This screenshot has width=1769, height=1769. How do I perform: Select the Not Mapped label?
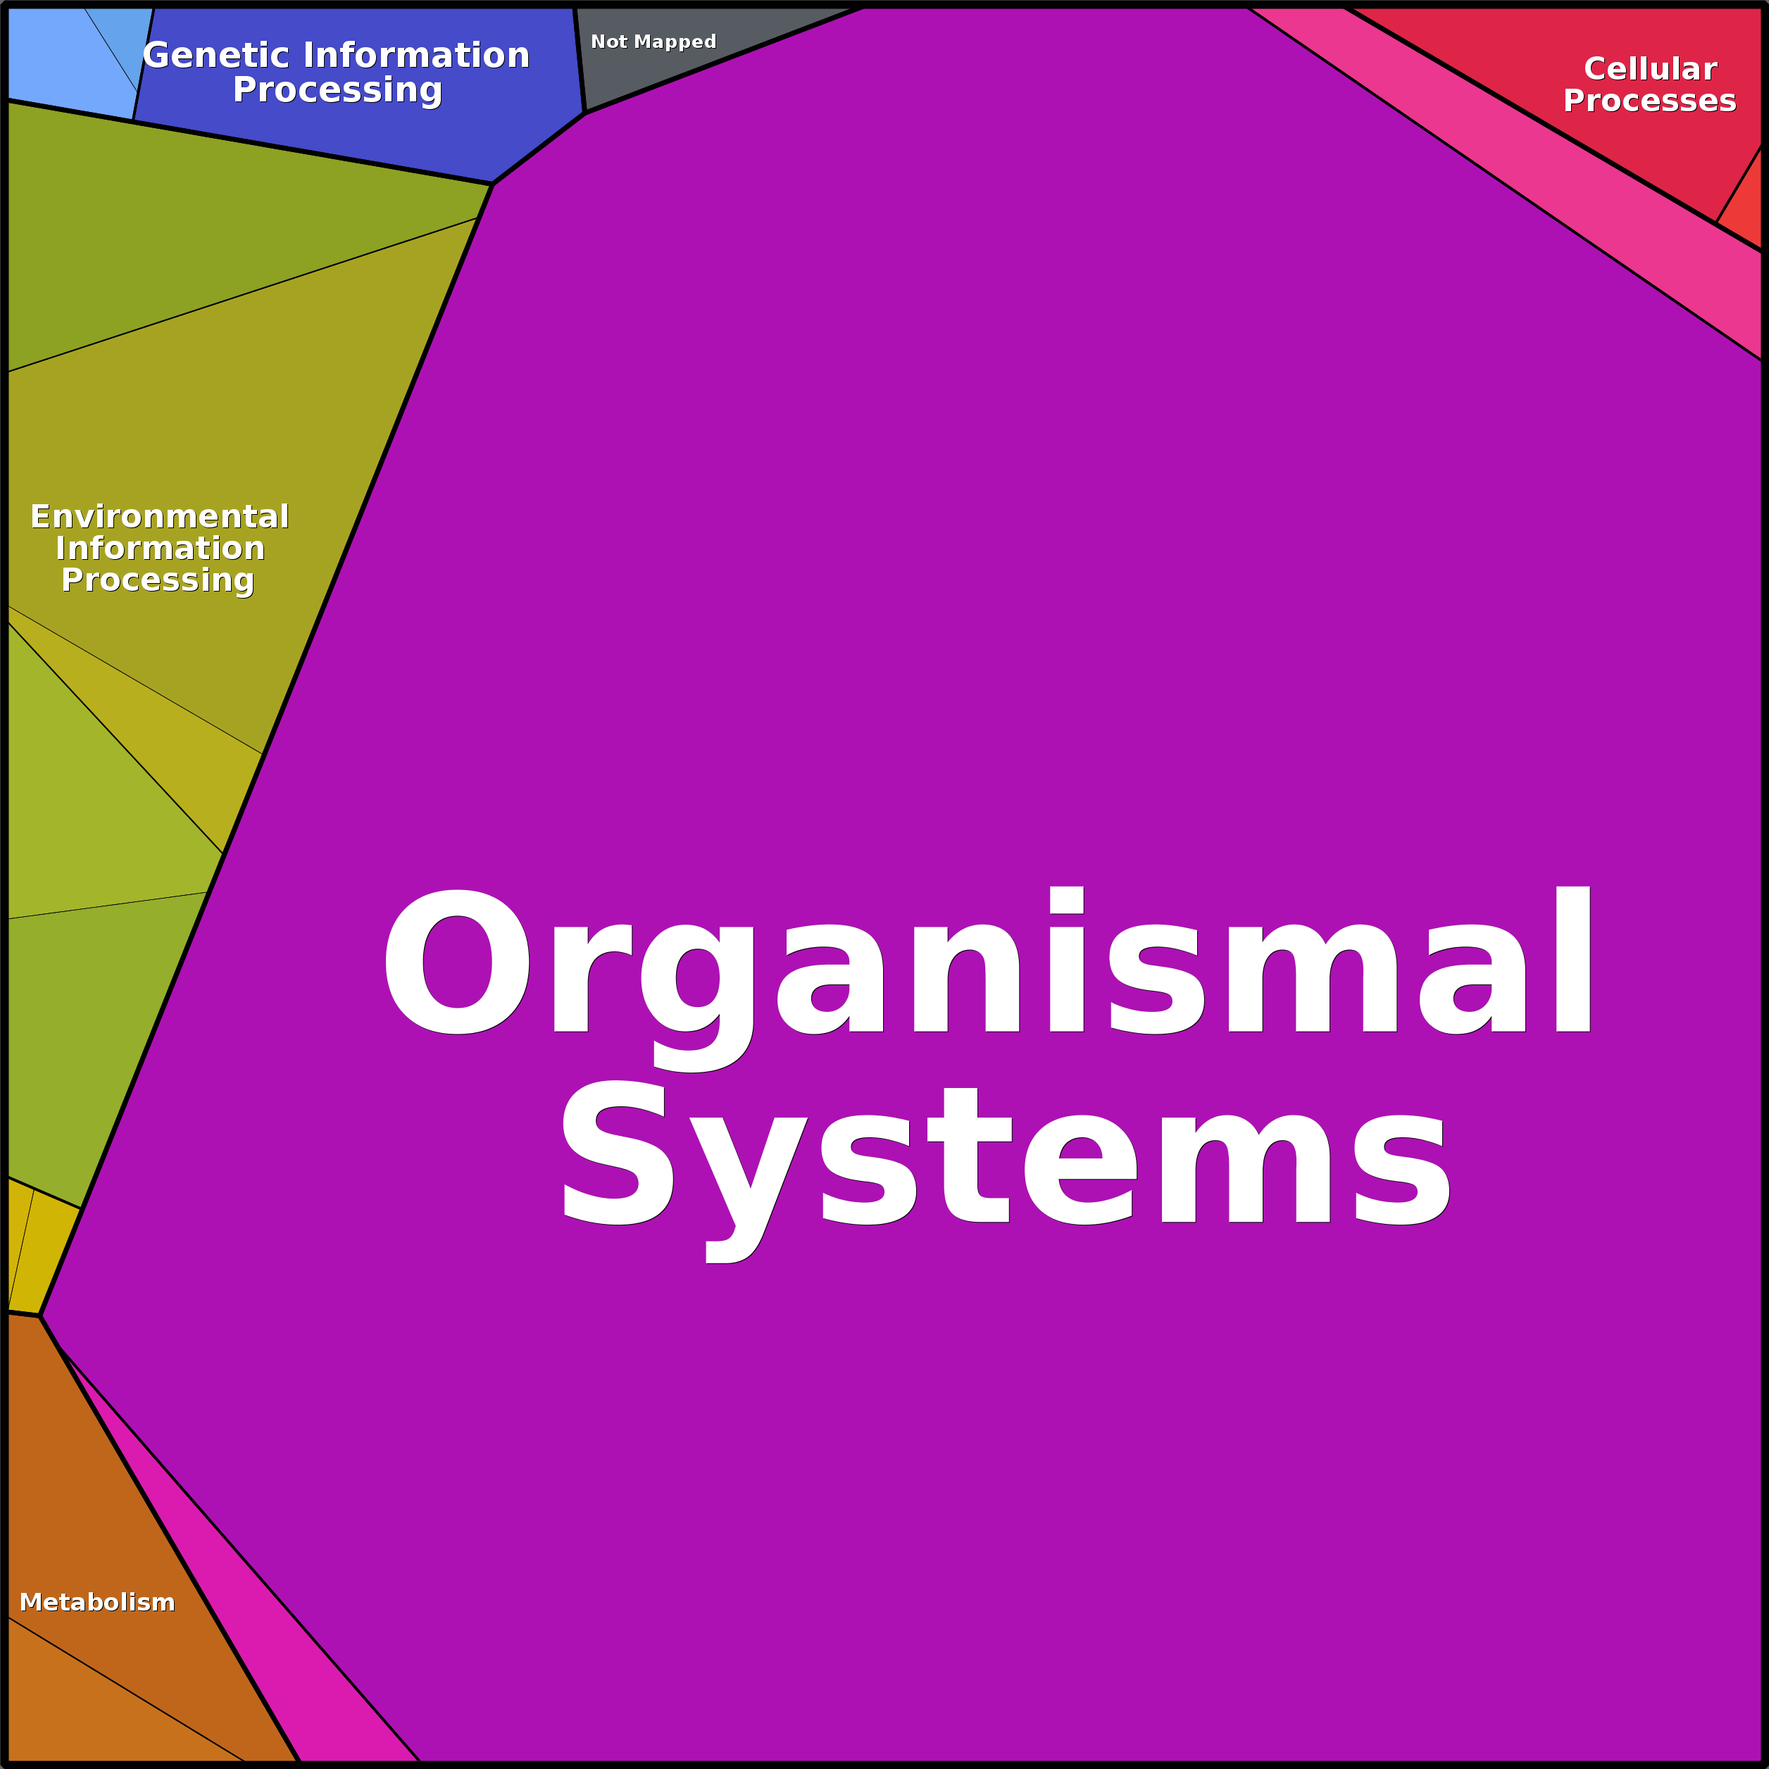point(653,42)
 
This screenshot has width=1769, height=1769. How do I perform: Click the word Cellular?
point(1650,69)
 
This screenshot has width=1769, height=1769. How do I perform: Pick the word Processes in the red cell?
point(1649,100)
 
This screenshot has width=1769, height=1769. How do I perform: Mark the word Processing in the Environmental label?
point(158,580)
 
